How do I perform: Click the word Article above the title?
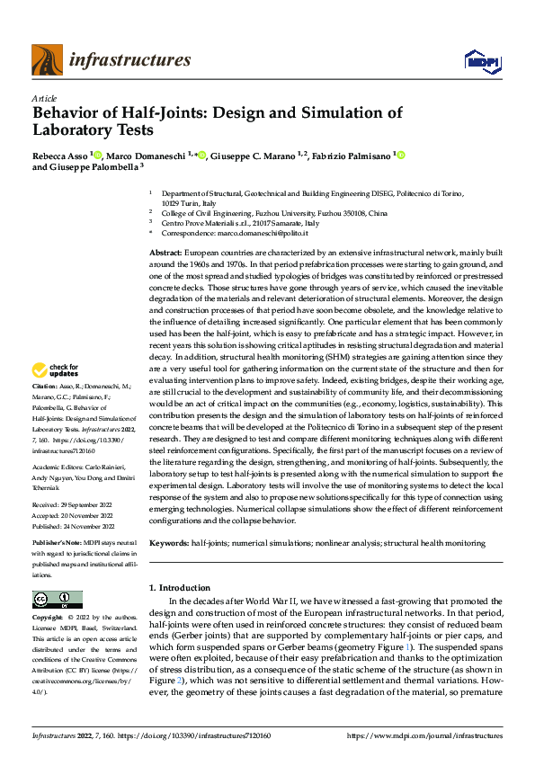pyautogui.click(x=43, y=97)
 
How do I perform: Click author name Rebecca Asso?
pyautogui.click(x=59, y=155)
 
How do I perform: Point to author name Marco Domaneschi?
pyautogui.click(x=147, y=155)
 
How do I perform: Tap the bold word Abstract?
pyautogui.click(x=165, y=254)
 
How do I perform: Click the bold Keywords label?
pyautogui.click(x=169, y=543)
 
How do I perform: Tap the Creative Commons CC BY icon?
pyautogui.click(x=57, y=600)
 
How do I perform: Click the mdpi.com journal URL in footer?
pyautogui.click(x=441, y=735)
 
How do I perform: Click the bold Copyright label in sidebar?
pyautogui.click(x=48, y=618)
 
